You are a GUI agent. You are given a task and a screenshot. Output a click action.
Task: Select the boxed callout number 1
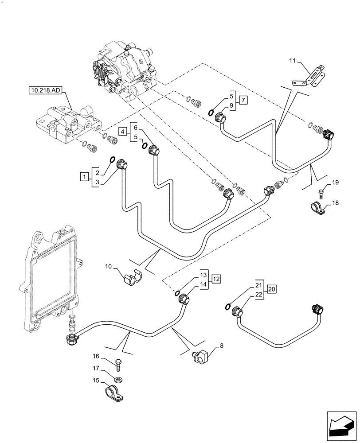tap(83, 177)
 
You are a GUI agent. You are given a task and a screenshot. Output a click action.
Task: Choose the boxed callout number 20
tap(272, 289)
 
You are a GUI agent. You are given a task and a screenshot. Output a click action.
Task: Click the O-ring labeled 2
tap(112, 160)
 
